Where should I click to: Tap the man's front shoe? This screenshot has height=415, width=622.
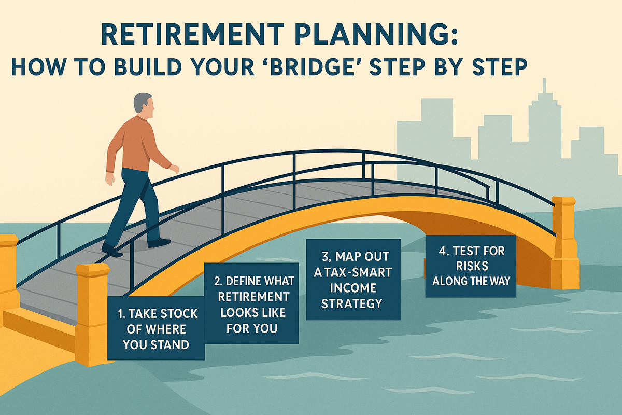159,242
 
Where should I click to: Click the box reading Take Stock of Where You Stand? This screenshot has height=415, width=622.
155,328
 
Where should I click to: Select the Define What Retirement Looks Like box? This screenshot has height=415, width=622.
252,303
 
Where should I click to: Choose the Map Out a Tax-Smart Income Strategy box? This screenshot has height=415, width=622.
353,279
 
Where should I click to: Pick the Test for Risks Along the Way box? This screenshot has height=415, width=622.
471,266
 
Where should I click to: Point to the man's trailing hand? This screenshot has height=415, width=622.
110,178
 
